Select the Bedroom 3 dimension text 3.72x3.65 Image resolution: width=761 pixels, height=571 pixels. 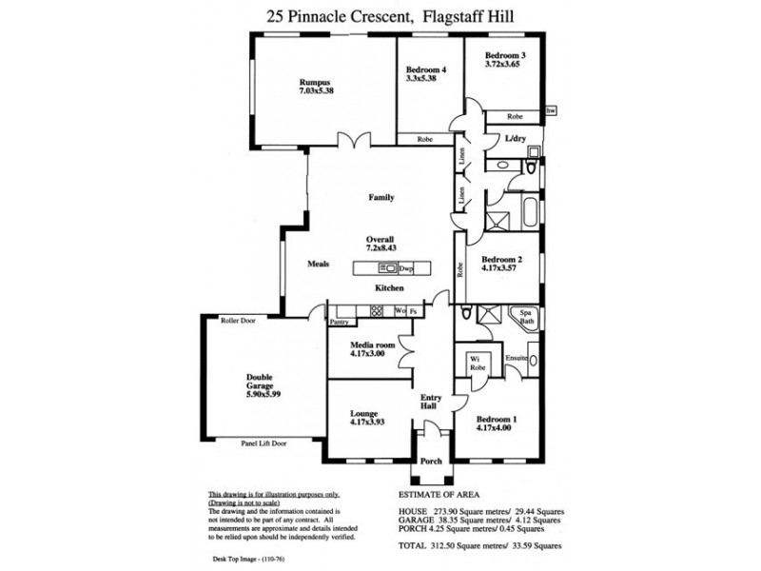[504, 65]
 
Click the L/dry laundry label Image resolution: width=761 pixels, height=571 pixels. [515, 139]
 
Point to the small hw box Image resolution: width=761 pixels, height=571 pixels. [551, 111]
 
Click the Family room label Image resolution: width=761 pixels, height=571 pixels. [381, 198]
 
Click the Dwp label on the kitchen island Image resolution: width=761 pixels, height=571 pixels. [405, 268]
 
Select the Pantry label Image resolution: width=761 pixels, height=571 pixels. [339, 323]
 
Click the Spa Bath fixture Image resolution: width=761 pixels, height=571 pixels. [526, 317]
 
